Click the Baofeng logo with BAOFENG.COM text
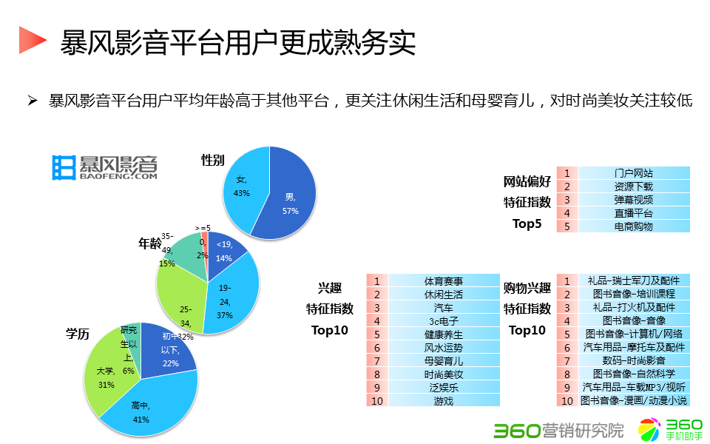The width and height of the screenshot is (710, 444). pos(105,168)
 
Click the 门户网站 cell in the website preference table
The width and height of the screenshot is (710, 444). pos(634,173)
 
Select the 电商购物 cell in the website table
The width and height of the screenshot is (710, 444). pos(634,226)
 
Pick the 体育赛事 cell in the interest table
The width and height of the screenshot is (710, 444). pos(443,281)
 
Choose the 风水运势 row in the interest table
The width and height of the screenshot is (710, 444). pos(443,348)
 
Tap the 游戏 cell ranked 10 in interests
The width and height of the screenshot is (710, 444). pos(443,401)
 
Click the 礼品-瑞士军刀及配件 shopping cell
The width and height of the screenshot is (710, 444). pos(634,281)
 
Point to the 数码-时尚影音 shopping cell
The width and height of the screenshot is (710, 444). pos(634,361)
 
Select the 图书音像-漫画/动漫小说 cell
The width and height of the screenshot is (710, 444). pos(634,401)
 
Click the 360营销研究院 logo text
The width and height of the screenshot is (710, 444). pos(559,428)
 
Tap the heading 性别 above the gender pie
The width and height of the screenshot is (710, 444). pos(213,161)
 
